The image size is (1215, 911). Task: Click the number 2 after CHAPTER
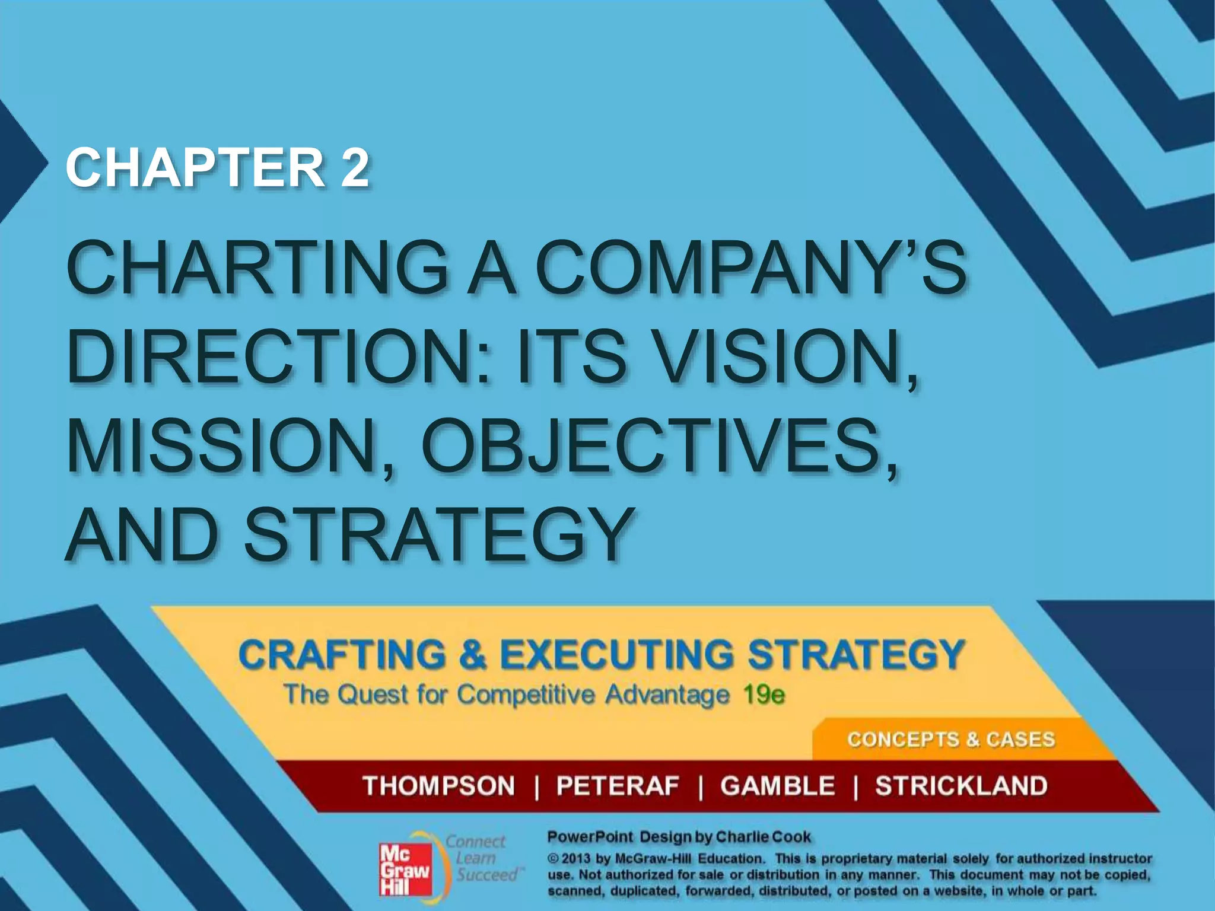tap(354, 168)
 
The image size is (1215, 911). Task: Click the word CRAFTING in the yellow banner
tap(342, 655)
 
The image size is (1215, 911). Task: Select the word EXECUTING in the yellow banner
tap(617, 655)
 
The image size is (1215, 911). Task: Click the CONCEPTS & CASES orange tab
tap(950, 740)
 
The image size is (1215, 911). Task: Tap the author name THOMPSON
tap(439, 786)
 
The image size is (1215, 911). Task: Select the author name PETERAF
tap(617, 786)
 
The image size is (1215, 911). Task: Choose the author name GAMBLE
tap(778, 786)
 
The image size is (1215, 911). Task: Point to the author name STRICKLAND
tap(961, 786)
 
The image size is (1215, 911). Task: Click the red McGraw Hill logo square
tap(405, 871)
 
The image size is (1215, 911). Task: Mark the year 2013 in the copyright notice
tap(575, 859)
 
